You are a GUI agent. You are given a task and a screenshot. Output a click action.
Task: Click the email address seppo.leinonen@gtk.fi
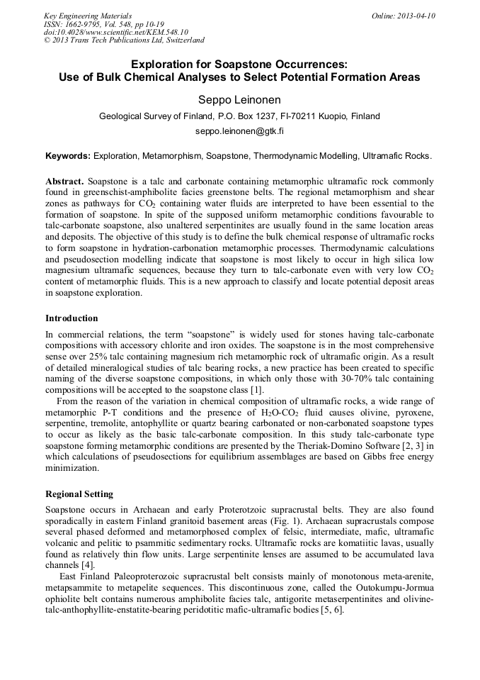(x=239, y=132)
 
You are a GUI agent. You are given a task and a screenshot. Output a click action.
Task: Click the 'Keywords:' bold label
(x=68, y=155)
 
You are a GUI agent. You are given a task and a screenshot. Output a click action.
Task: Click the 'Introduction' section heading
(x=72, y=318)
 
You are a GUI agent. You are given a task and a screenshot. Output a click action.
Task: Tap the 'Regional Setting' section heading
(x=79, y=494)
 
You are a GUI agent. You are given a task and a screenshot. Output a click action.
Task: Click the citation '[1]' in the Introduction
(x=258, y=390)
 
